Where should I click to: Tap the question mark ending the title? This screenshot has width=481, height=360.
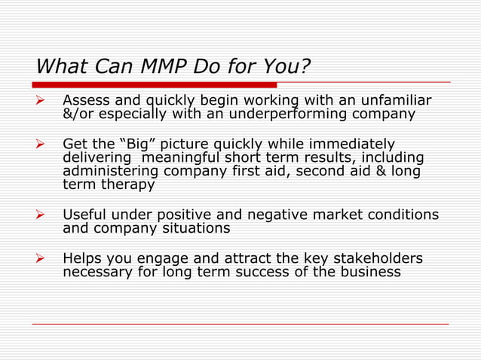click(305, 67)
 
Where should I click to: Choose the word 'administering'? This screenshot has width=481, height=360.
click(110, 171)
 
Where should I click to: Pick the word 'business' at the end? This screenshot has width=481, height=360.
click(370, 273)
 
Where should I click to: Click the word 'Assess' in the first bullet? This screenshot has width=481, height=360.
click(86, 100)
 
